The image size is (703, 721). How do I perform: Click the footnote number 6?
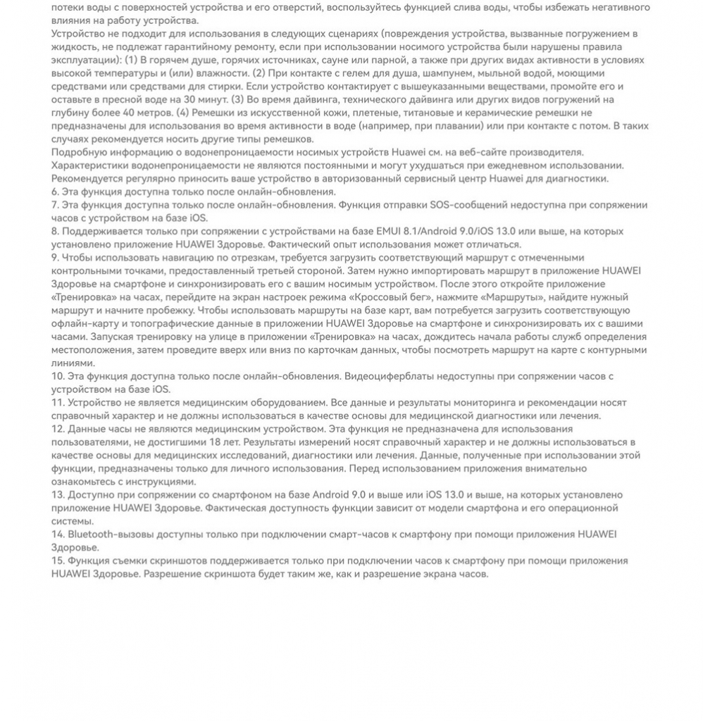coord(55,192)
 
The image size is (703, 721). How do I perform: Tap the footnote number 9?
coord(55,258)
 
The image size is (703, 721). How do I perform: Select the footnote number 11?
coord(58,403)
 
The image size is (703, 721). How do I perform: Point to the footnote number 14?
coord(58,534)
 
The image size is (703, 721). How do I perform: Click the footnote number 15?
coord(58,560)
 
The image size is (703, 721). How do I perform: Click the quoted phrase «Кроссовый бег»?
coord(383,297)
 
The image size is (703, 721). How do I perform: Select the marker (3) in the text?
coord(238,99)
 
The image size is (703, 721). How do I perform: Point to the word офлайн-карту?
coord(83,324)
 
